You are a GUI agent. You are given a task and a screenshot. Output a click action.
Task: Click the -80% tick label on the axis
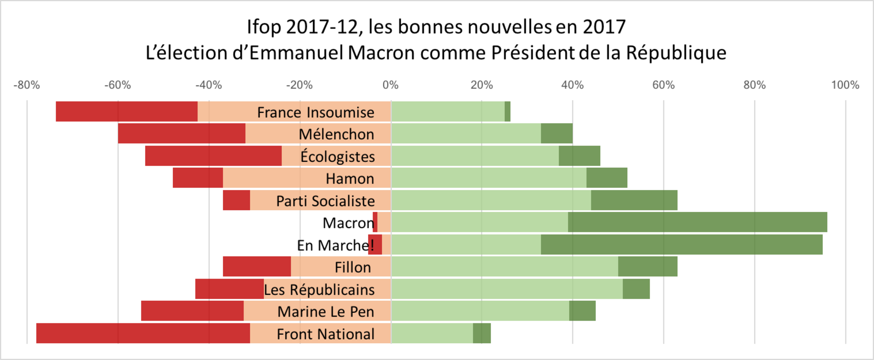[27, 85]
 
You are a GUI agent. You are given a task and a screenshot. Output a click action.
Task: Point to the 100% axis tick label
[845, 85]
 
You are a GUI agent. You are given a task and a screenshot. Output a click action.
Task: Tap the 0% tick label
[391, 85]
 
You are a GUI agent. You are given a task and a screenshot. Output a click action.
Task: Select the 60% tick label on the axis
[663, 85]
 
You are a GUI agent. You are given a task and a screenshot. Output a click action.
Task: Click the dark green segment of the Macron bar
[697, 222]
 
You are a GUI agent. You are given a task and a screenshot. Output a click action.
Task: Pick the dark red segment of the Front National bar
[143, 333]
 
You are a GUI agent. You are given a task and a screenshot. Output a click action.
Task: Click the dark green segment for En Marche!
[681, 244]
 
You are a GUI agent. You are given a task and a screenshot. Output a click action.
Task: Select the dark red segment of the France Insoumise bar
[126, 111]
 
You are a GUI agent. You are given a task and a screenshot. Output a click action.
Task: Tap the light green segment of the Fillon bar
[505, 267]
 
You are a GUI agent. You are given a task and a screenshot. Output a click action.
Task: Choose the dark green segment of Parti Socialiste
[634, 200]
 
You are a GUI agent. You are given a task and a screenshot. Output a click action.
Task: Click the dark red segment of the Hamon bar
[198, 178]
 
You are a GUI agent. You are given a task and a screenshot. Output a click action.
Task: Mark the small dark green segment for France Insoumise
[507, 111]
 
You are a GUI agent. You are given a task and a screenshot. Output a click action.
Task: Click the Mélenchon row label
[336, 134]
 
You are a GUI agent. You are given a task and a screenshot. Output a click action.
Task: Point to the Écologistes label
[337, 157]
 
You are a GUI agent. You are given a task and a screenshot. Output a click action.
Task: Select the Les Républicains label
[319, 290]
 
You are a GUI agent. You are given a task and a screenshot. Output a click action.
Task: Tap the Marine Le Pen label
[326, 312]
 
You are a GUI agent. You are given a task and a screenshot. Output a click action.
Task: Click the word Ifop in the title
[264, 27]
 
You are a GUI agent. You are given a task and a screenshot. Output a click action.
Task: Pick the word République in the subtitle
[676, 53]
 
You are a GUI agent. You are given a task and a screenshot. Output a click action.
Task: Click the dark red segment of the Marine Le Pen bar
[192, 311]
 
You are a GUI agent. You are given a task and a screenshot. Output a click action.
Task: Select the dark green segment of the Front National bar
[481, 333]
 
